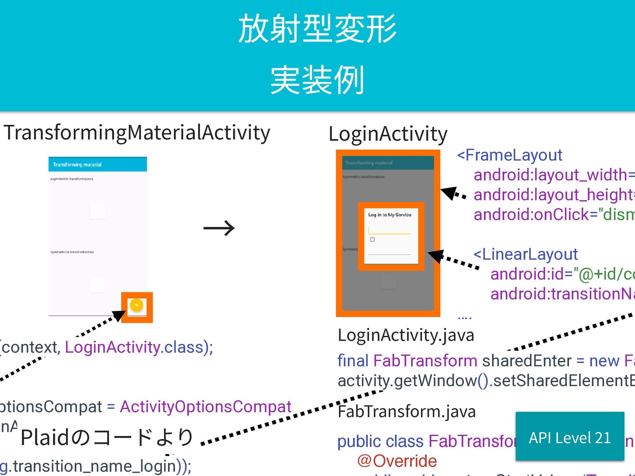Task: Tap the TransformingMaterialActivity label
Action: coord(137,133)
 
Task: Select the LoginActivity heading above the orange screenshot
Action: coord(388,134)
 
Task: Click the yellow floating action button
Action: coord(137,305)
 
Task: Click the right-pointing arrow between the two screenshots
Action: coord(219,228)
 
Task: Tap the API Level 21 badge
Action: coord(570,438)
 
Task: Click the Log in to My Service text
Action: coord(390,215)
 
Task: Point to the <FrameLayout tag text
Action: coord(510,155)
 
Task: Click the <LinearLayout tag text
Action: coord(526,254)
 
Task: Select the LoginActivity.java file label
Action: coord(406,335)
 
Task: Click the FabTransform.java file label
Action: coord(406,412)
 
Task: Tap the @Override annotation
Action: coord(397,461)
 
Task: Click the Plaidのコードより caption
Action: coord(107,438)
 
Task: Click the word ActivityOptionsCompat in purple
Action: coord(205,407)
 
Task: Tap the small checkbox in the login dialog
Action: coord(372,240)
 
